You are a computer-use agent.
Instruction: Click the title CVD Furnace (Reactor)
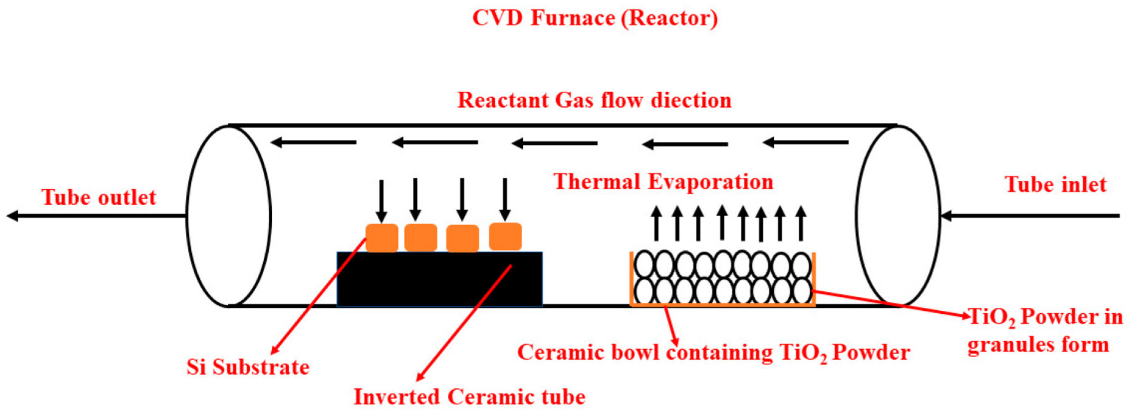point(595,19)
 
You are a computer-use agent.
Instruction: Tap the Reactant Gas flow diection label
point(594,100)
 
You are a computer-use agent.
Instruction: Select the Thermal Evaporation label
point(663,182)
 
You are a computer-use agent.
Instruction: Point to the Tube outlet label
point(99,197)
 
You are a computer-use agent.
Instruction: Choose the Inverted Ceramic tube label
point(469,397)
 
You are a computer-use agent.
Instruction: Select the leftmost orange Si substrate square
point(382,238)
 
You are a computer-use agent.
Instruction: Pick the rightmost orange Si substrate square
point(505,237)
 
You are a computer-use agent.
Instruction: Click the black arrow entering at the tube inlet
point(1029,216)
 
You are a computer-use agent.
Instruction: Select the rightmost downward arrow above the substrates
point(505,199)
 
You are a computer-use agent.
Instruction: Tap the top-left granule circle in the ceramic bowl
point(644,265)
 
